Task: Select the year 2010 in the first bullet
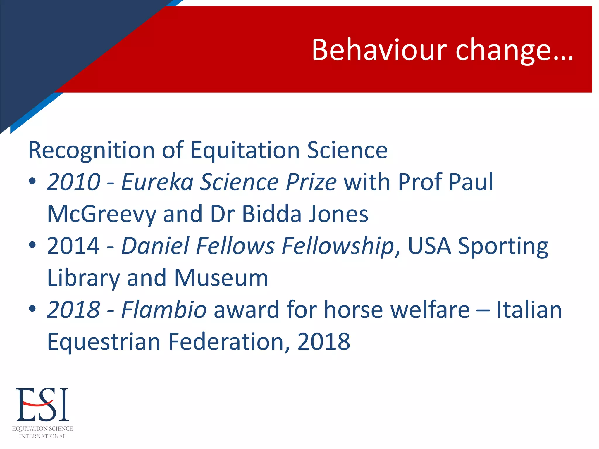coord(74,182)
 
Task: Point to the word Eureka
coord(157,182)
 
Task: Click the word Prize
coord(311,182)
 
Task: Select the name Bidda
coord(272,214)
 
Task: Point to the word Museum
coord(221,278)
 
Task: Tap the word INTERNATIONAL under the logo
coord(43,436)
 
